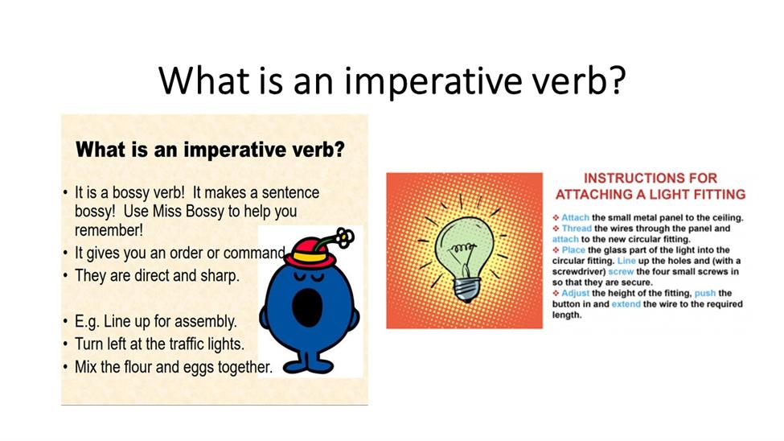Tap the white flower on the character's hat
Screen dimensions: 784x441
click(x=344, y=237)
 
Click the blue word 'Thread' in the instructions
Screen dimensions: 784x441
click(x=577, y=229)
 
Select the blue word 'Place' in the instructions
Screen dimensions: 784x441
click(x=573, y=250)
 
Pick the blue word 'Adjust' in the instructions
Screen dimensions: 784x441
click(x=575, y=294)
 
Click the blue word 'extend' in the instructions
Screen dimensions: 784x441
click(x=626, y=304)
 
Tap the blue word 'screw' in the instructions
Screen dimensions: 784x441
click(x=621, y=272)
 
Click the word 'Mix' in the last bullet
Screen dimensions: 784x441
click(x=85, y=367)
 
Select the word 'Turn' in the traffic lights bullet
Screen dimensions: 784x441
click(x=88, y=344)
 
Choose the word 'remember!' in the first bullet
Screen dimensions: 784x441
click(x=109, y=230)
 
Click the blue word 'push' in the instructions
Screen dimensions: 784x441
click(x=705, y=294)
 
